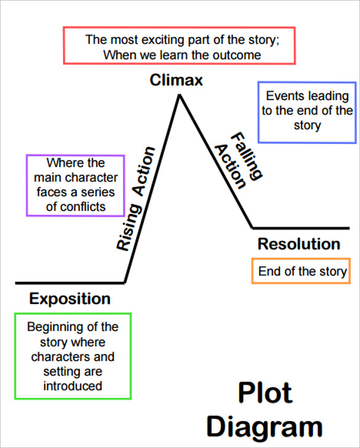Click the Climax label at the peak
pos(176,80)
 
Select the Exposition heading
pos(70,300)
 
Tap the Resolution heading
pos(298,244)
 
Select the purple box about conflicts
pos(76,185)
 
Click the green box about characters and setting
pos(72,356)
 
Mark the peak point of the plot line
pos(179,95)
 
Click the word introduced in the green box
pos(72,386)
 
